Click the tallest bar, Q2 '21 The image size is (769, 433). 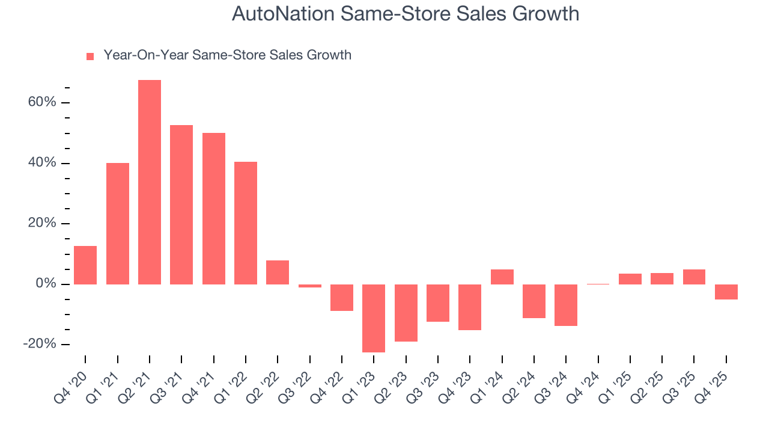(150, 182)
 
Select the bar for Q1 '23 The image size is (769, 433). (374, 318)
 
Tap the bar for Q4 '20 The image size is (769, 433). (85, 265)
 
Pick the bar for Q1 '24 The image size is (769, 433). (502, 277)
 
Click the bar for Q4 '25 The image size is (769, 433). (726, 292)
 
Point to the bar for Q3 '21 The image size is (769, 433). (181, 204)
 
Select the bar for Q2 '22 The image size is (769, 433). (278, 272)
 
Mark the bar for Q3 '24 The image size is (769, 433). (566, 305)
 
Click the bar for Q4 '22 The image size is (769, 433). (342, 298)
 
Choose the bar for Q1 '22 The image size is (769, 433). (246, 223)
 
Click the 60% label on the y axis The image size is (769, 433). (41, 102)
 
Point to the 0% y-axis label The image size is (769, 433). (45, 284)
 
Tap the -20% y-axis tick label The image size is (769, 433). (40, 344)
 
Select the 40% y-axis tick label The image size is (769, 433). (41, 163)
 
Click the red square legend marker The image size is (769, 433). (90, 56)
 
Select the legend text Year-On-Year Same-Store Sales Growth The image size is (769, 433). (227, 55)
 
